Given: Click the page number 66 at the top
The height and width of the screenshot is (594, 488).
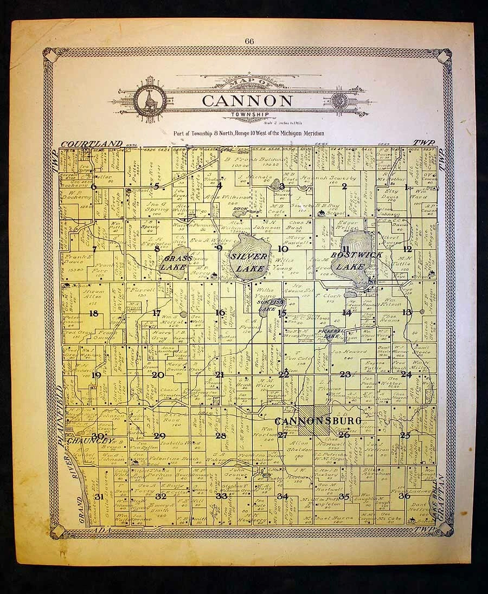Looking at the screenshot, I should coord(249,41).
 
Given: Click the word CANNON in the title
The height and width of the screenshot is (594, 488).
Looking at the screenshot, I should coord(247,101).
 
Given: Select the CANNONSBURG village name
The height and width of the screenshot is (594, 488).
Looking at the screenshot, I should coord(310,421).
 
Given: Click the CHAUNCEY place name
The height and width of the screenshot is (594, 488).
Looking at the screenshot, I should coord(90,441).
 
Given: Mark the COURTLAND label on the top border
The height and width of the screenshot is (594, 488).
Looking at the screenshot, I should coord(92,143).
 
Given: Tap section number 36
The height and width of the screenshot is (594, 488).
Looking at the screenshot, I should coord(404,495).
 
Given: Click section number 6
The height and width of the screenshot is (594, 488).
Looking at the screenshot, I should coord(93,187).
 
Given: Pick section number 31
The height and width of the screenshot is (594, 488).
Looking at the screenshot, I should coord(99,496).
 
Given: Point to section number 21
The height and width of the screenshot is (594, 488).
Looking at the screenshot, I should coord(220,375).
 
